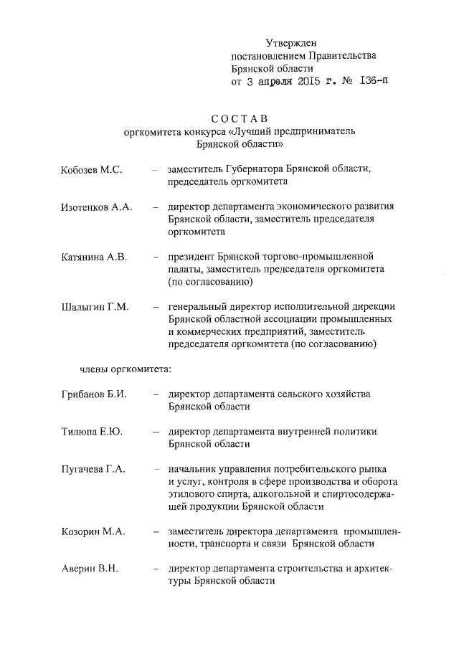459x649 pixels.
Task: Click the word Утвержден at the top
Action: click(291, 44)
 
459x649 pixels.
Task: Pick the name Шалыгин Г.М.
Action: click(95, 307)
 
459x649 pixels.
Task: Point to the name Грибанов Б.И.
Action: click(93, 394)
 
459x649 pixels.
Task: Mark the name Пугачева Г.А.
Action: click(93, 469)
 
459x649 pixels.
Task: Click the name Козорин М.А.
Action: click(93, 531)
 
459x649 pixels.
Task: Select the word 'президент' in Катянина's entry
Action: click(191, 257)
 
